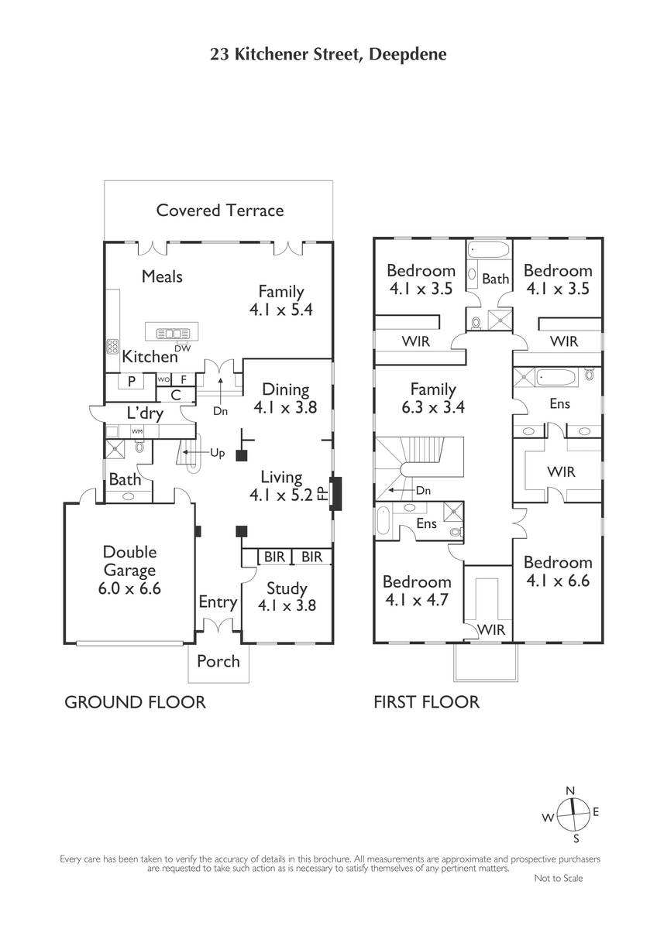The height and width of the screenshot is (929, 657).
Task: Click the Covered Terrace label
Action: click(x=220, y=211)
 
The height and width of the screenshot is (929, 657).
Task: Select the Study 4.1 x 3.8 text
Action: click(x=287, y=597)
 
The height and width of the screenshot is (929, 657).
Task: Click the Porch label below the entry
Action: click(x=218, y=661)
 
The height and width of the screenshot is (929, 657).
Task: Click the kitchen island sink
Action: click(x=173, y=334)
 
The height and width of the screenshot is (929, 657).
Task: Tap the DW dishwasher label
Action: click(x=183, y=349)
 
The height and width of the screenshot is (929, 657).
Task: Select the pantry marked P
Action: click(x=132, y=382)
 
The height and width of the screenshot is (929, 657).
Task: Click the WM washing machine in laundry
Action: click(x=137, y=431)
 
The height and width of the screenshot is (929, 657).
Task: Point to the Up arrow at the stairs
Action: click(x=196, y=452)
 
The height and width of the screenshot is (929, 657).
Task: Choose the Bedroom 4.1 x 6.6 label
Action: click(x=558, y=571)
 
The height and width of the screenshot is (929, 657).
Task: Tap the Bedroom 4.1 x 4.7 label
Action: click(x=417, y=591)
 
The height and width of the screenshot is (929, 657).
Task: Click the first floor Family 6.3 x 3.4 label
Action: click(x=433, y=398)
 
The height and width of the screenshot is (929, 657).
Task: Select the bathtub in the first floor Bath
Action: click(x=489, y=250)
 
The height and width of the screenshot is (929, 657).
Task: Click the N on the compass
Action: click(x=571, y=791)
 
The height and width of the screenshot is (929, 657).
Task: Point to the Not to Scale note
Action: click(x=559, y=878)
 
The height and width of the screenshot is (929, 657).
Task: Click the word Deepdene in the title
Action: click(x=408, y=55)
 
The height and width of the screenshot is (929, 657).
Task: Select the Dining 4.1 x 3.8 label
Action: click(x=286, y=399)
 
